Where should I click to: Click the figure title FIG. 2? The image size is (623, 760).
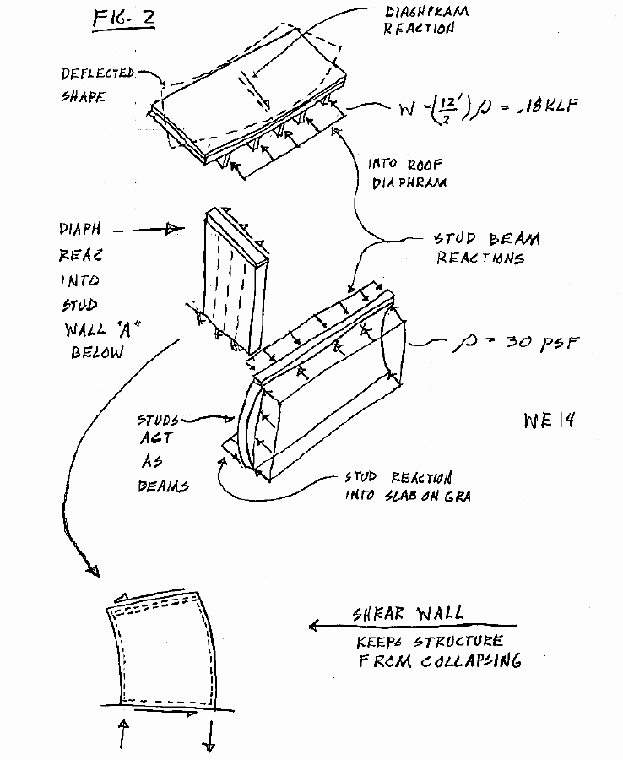click(122, 19)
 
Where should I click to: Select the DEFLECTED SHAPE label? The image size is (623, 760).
click(95, 84)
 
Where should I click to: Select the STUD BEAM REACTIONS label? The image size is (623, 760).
click(487, 248)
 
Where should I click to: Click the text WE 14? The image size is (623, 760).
click(549, 419)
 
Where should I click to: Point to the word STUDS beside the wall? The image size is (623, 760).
click(158, 420)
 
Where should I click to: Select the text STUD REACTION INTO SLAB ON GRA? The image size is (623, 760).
click(407, 487)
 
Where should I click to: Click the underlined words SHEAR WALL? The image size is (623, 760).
click(409, 615)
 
